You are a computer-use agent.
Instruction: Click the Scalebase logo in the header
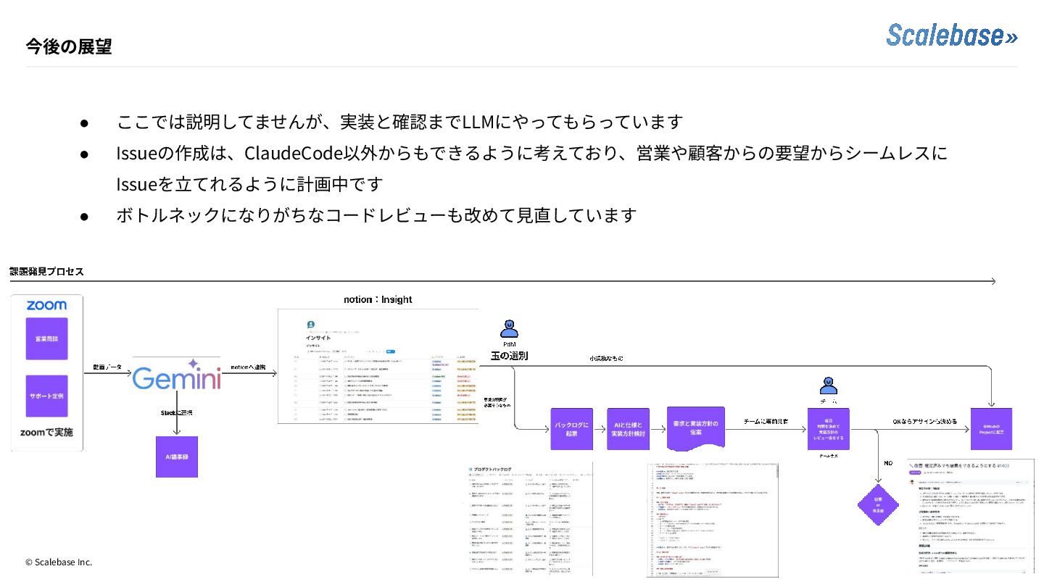tap(951, 36)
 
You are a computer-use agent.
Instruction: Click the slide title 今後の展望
tap(69, 47)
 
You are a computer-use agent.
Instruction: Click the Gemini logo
tap(177, 378)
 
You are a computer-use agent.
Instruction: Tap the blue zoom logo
tap(46, 305)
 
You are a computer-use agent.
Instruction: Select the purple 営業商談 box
tap(46, 338)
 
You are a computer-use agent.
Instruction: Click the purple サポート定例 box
tap(46, 396)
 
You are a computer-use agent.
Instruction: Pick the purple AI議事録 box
tap(177, 457)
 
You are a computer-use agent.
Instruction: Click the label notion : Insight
tap(378, 299)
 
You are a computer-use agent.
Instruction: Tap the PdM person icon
tap(509, 330)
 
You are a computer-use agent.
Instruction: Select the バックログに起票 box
tap(571, 428)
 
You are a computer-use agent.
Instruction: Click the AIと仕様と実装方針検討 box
tap(627, 428)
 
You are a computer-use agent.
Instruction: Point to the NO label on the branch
tap(888, 463)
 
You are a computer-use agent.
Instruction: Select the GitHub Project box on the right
tap(991, 428)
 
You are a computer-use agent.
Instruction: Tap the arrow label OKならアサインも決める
tap(924, 421)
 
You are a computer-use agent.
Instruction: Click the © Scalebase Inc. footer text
tap(59, 562)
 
